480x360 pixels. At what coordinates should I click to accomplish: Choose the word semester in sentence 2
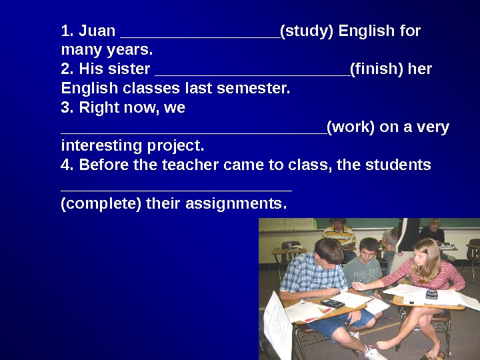[x=258, y=88]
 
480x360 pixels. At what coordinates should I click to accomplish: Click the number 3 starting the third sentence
[x=65, y=107]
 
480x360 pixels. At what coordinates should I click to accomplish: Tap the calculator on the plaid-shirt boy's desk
[x=331, y=303]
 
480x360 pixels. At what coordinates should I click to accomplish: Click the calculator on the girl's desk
[x=431, y=294]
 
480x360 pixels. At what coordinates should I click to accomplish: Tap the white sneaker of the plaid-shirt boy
[x=374, y=352]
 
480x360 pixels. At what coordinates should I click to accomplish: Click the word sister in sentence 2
[x=127, y=69]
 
